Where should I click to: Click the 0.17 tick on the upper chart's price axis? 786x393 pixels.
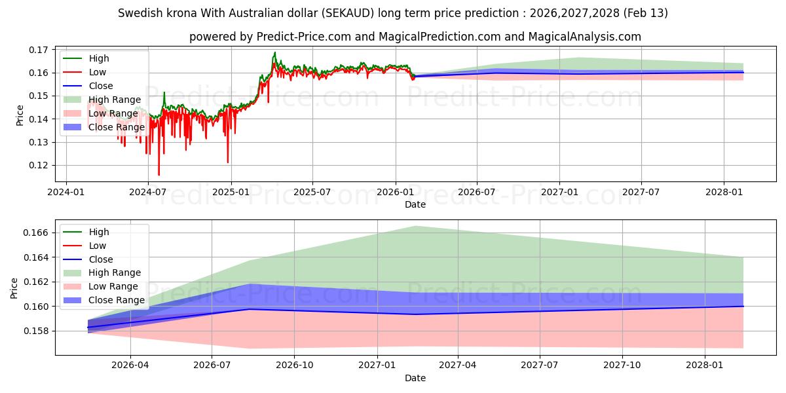coord(38,50)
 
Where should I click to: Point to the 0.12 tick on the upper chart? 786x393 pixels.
coord(38,165)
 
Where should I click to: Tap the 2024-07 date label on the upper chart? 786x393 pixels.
coord(148,192)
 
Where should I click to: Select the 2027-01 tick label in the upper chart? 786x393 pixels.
coord(559,192)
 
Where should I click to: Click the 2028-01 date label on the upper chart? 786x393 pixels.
coord(724,192)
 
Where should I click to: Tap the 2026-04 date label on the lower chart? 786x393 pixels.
coord(130,365)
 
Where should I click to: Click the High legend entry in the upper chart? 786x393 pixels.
coord(99,58)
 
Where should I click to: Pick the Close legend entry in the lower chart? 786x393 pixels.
coord(101,259)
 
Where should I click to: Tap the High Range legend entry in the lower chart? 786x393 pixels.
coord(115,272)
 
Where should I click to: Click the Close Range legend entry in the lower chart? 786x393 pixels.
coord(117,300)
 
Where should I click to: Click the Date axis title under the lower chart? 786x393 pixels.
coord(415,378)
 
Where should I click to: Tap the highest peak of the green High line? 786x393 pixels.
coord(274,52)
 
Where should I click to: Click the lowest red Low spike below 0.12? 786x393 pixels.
coord(159,175)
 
